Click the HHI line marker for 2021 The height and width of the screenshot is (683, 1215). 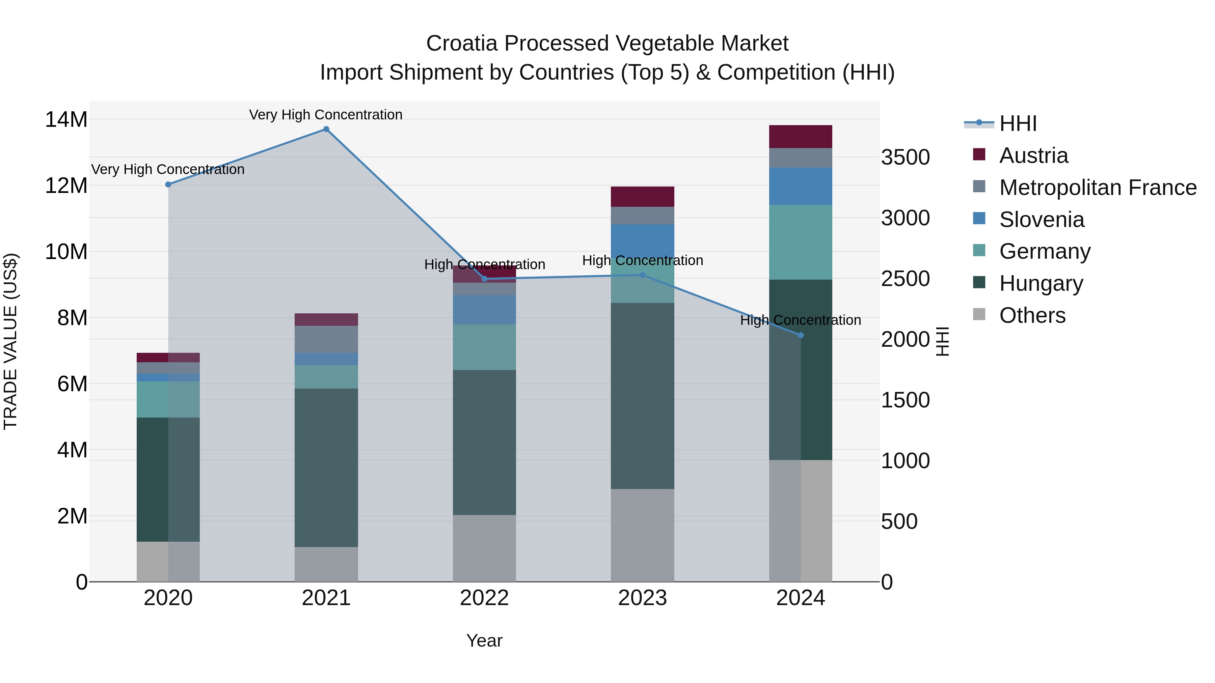click(x=326, y=129)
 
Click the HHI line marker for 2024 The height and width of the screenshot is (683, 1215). click(x=801, y=335)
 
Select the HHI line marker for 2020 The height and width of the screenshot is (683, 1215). click(x=168, y=184)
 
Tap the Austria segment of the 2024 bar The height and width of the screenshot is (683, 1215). click(x=801, y=137)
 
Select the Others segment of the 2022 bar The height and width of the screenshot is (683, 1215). click(x=484, y=548)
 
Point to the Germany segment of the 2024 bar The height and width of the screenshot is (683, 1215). click(x=801, y=242)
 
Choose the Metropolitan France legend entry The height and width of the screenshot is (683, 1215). click(x=1098, y=188)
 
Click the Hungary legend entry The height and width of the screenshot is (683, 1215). click(x=1041, y=283)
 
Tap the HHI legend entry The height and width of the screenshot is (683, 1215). click(x=1017, y=123)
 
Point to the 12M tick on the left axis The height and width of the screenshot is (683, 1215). click(x=66, y=186)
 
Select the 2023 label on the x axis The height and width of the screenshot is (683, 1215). click(x=642, y=598)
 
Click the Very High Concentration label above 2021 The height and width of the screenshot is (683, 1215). click(x=326, y=115)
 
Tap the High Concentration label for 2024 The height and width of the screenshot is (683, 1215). click(x=801, y=320)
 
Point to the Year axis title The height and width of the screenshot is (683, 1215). click(x=484, y=641)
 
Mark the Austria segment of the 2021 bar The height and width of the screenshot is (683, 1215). click(x=326, y=320)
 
